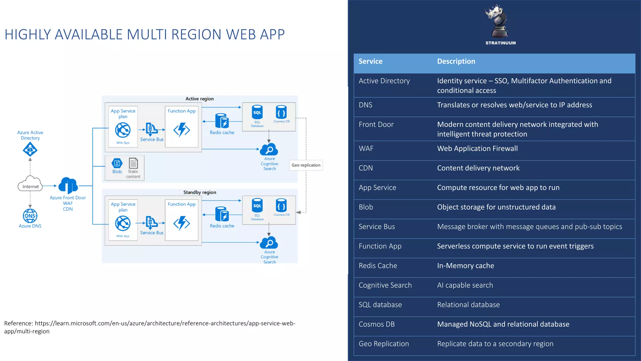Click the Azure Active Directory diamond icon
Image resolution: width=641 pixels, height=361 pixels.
30,149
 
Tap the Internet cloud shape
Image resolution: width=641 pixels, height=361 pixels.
30,184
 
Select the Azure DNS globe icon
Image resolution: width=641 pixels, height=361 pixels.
30,216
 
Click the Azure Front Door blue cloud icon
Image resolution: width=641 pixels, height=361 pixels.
68,186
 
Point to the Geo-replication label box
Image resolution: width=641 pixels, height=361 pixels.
306,165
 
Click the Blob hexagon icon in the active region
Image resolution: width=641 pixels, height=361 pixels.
117,163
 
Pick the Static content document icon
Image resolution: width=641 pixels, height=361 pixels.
133,163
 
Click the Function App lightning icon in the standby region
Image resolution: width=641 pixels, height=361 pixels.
182,223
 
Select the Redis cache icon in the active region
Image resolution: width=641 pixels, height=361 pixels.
222,121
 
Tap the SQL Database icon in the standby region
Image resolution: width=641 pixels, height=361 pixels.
257,206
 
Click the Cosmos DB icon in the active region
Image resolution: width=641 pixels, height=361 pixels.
281,112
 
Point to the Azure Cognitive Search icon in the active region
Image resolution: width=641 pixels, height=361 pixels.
269,149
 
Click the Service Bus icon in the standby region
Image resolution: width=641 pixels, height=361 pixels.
152,223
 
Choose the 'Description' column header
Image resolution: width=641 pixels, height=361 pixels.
456,61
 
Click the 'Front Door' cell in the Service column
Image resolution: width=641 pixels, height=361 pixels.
376,124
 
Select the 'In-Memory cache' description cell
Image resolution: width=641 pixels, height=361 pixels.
465,266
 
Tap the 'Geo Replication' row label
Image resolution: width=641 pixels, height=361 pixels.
384,344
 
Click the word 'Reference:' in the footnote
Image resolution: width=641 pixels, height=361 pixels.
18,323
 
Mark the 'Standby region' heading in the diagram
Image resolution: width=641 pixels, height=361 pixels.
200,192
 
